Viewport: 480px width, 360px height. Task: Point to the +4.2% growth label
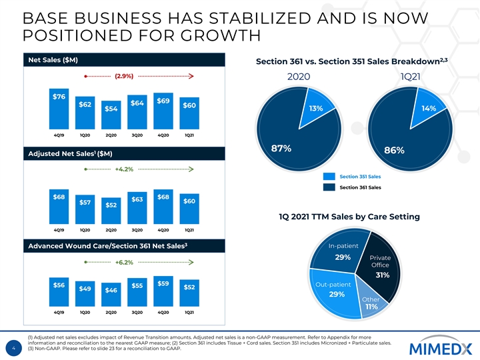tap(124, 169)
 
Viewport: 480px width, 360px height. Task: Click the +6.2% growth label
tap(124, 262)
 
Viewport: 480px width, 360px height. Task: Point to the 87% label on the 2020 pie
tap(279, 149)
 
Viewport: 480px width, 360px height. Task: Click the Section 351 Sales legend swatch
tap(329, 177)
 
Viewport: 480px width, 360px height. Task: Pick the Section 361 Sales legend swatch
tap(329, 188)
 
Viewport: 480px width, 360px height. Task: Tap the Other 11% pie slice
tap(371, 303)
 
